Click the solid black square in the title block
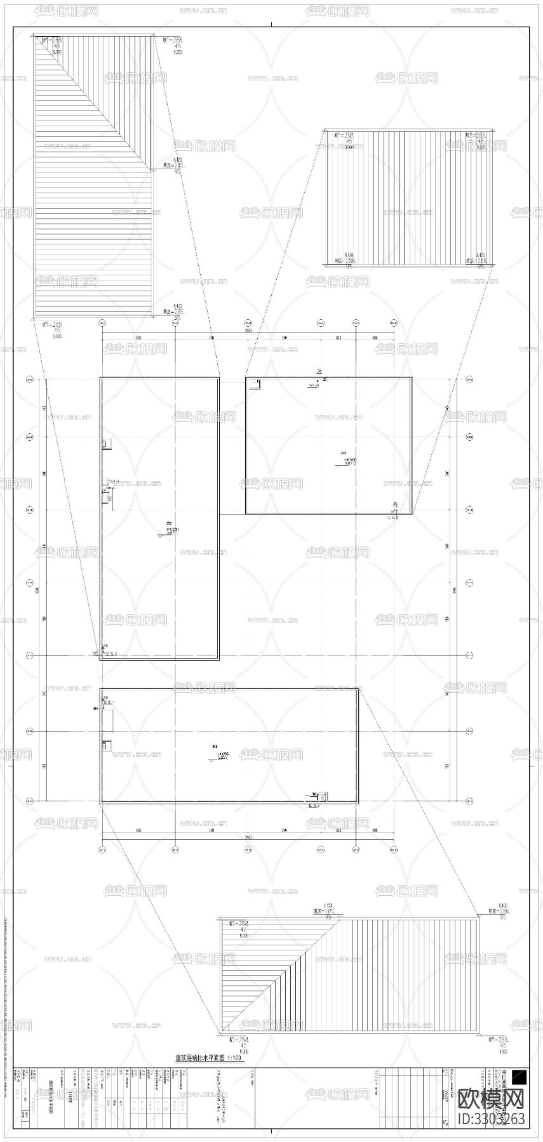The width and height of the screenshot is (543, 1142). click(x=519, y=1075)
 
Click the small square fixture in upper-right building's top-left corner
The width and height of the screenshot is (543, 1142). click(x=255, y=383)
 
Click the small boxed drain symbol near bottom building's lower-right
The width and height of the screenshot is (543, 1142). click(x=323, y=796)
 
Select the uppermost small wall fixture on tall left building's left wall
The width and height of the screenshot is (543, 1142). click(x=107, y=443)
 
